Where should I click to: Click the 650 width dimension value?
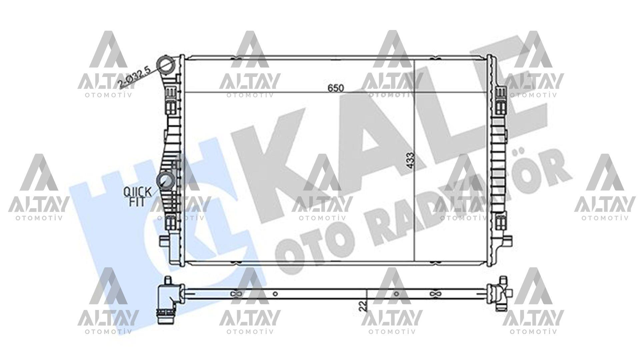coord(335,88)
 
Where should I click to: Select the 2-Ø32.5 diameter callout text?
coord(135,78)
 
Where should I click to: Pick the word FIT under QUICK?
coord(137,202)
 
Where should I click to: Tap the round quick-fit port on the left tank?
coord(165,180)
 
